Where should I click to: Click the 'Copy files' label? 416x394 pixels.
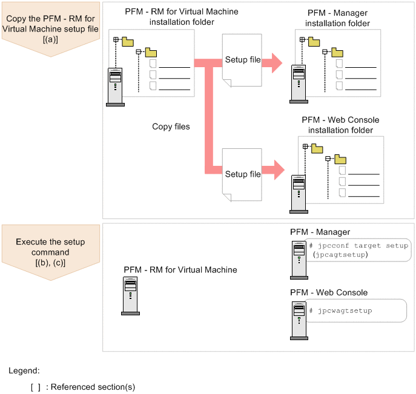(x=171, y=126)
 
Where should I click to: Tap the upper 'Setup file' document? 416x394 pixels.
(x=242, y=60)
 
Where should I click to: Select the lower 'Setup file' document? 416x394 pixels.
(x=242, y=175)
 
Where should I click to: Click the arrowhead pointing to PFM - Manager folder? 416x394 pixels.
(x=277, y=63)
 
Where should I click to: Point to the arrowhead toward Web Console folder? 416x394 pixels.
(x=279, y=170)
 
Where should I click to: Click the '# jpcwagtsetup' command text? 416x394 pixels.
(x=341, y=310)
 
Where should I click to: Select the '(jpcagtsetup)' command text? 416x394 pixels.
(x=340, y=255)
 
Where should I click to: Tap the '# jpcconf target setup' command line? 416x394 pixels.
(x=358, y=246)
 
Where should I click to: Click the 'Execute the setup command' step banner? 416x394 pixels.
(x=51, y=252)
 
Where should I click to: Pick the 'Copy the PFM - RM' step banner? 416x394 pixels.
(x=51, y=28)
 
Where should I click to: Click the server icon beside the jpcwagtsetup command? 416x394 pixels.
(x=299, y=321)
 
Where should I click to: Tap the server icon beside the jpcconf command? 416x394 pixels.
(x=299, y=260)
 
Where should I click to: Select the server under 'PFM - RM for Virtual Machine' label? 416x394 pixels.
(x=130, y=296)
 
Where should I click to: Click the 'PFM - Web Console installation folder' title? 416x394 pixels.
(x=340, y=125)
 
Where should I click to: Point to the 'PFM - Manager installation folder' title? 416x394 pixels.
(x=337, y=18)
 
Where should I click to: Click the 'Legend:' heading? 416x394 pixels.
(x=24, y=370)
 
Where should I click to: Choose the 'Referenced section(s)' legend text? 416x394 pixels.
(x=93, y=387)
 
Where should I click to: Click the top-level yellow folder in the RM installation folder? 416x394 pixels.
(x=128, y=42)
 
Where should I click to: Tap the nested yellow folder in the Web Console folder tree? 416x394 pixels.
(x=340, y=159)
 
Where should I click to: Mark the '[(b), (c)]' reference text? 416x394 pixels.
(x=50, y=263)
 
